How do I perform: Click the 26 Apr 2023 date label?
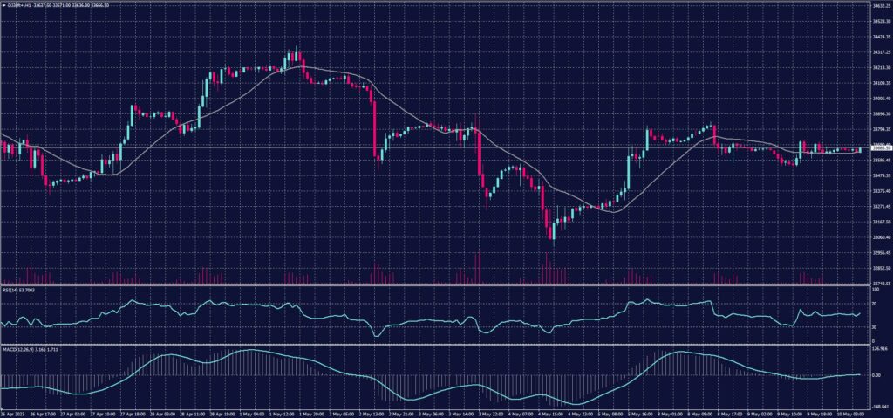point(14,414)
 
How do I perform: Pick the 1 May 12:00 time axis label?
point(283,414)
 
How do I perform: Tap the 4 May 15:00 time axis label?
point(550,414)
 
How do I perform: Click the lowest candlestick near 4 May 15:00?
point(550,238)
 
